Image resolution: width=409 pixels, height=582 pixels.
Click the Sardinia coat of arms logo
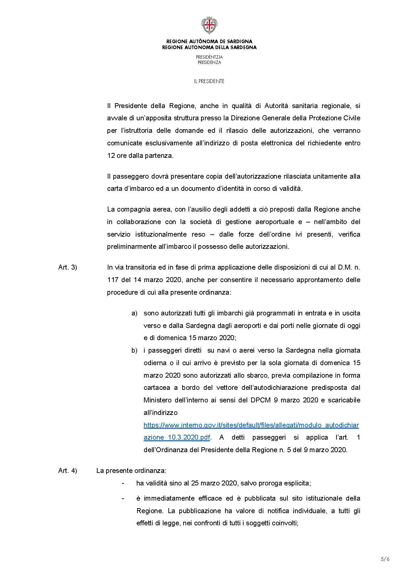pyautogui.click(x=209, y=25)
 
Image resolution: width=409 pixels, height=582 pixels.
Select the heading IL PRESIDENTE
pyautogui.click(x=209, y=81)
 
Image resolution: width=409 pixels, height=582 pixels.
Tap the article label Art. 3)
pyautogui.click(x=68, y=267)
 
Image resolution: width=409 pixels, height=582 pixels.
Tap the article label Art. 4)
pyautogui.click(x=68, y=471)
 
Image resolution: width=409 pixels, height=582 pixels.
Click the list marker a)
pyautogui.click(x=134, y=313)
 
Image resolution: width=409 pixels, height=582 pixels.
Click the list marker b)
pyautogui.click(x=134, y=350)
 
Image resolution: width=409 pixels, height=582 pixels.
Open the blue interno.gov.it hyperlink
pyautogui.click(x=251, y=425)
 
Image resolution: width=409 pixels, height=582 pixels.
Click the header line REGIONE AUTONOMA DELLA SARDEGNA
pyautogui.click(x=209, y=47)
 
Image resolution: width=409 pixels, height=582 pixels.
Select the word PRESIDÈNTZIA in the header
pyautogui.click(x=209, y=57)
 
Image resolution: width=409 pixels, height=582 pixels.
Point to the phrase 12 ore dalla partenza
pyautogui.click(x=140, y=156)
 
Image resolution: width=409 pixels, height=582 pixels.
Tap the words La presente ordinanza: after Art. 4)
pyautogui.click(x=131, y=471)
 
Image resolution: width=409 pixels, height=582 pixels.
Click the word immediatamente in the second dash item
pyautogui.click(x=167, y=498)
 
